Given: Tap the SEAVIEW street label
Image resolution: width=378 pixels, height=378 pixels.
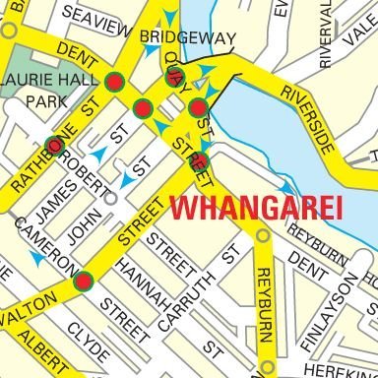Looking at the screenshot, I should coord(95,13).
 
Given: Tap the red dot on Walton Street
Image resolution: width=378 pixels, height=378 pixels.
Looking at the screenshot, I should coord(84,282).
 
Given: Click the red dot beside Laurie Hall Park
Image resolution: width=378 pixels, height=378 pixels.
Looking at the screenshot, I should coord(114,82).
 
